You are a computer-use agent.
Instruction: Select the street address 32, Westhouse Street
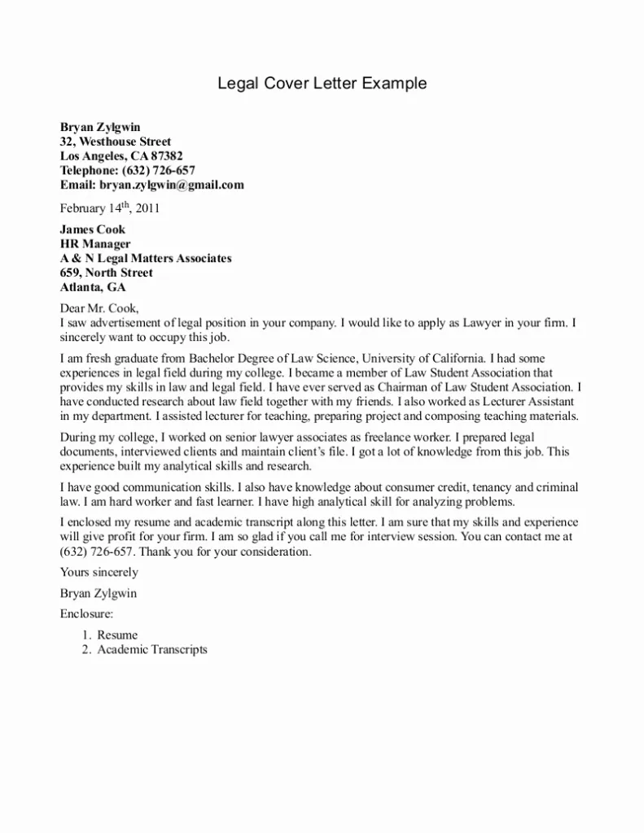[116, 142]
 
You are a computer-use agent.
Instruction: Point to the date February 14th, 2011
[110, 207]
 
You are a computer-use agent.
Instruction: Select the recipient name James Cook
[93, 229]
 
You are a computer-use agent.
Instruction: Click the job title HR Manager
[95, 243]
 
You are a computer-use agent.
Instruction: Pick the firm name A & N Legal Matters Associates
[146, 258]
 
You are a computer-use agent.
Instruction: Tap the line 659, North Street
[107, 273]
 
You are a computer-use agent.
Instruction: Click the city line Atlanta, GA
[94, 287]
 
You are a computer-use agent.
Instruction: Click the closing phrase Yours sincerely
[99, 573]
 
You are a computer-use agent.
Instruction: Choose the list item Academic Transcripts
[152, 649]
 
